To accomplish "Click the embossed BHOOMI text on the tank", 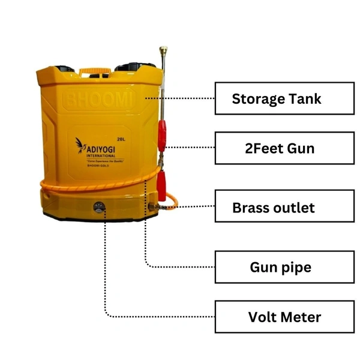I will coord(99,100).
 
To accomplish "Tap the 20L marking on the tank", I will coord(121,139).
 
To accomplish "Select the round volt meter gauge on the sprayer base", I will coord(99,208).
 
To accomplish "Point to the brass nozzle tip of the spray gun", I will coord(163,51).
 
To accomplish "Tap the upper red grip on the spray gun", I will coord(161,136).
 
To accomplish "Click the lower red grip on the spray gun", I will coord(161,185).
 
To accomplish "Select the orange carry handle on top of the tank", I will coord(95,72).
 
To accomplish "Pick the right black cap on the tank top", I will coord(136,67).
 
